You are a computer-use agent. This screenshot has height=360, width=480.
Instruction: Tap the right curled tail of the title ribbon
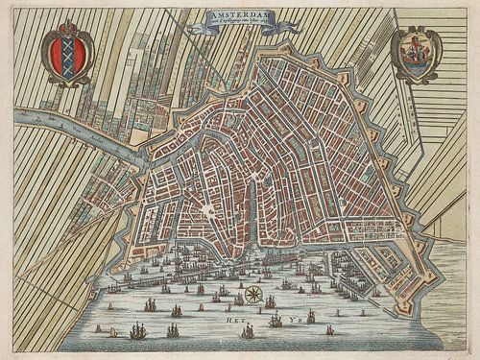coord(286,27)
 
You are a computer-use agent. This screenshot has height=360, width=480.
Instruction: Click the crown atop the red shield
coord(67,31)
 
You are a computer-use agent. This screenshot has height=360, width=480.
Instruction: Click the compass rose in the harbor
coord(253,295)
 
